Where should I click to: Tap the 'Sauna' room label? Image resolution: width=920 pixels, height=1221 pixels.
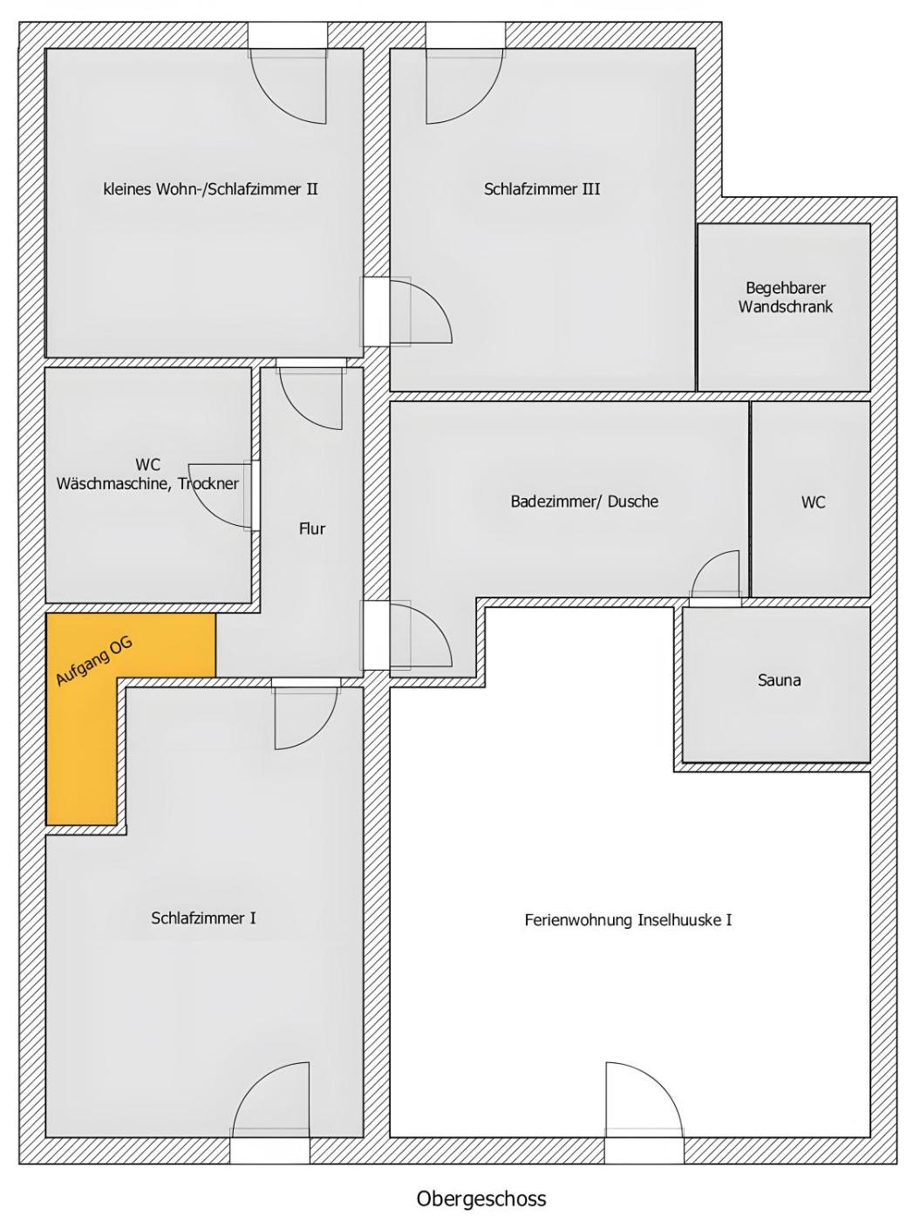779,679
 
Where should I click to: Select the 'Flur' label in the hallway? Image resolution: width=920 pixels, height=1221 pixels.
312,529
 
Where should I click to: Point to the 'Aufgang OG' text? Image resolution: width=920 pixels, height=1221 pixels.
94,661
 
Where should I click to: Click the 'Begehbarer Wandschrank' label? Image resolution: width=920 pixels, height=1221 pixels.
786,297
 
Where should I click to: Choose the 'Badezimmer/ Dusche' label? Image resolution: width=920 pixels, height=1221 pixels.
584,501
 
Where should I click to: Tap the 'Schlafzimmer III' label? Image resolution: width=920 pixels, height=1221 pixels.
542,189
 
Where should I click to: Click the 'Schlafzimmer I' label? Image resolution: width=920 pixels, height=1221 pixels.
203,917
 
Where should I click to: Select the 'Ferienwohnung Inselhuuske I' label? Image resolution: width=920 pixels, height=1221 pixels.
628,919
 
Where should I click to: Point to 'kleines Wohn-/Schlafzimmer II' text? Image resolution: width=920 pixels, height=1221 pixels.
210,189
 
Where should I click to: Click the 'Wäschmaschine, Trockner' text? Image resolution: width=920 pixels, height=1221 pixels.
147,483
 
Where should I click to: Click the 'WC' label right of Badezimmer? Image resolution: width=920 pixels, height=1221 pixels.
813,502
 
